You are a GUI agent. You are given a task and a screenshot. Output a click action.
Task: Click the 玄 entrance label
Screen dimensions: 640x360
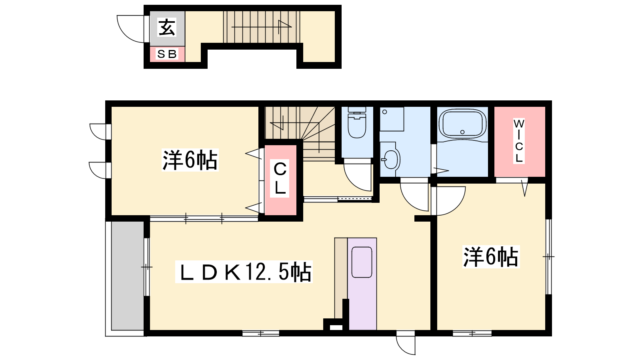click(167, 28)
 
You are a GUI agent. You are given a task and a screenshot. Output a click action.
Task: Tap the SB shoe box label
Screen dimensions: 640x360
click(167, 54)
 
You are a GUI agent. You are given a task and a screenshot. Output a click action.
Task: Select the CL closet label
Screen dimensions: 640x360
click(280, 178)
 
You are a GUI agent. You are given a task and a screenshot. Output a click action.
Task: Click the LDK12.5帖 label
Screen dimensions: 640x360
click(244, 272)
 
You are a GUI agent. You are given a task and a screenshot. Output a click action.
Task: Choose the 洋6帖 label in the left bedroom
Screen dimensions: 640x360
click(190, 160)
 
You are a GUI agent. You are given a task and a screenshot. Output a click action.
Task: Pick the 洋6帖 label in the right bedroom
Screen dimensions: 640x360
click(491, 256)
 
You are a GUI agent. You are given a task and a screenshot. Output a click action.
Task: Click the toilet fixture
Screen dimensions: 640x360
click(357, 122)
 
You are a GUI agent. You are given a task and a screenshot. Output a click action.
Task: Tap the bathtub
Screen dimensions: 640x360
click(462, 124)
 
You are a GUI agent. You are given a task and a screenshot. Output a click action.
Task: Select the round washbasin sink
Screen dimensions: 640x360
click(390, 159)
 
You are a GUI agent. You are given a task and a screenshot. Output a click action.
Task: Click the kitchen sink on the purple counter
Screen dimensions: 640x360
click(362, 262)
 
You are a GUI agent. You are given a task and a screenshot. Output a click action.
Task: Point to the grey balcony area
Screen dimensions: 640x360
click(128, 276)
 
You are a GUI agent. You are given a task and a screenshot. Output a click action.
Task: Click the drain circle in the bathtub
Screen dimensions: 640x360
click(462, 132)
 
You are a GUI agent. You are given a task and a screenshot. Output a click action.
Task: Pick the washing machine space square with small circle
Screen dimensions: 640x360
click(392, 119)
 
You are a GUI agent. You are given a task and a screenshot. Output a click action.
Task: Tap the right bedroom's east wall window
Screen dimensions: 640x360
click(548, 256)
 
